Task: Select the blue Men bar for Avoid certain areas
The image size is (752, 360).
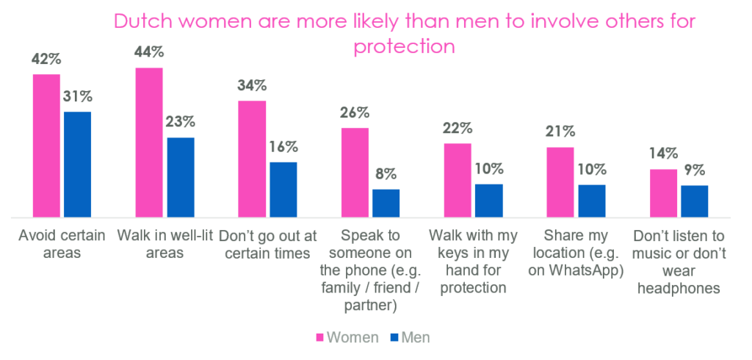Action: tap(77, 165)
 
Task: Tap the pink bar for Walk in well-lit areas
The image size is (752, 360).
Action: tap(149, 143)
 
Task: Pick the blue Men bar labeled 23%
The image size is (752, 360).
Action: tap(180, 177)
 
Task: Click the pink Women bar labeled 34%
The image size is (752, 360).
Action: tap(252, 159)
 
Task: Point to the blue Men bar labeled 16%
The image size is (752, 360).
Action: tap(283, 190)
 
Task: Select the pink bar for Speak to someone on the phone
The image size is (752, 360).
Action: tap(355, 173)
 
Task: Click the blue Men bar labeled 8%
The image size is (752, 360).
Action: tap(386, 203)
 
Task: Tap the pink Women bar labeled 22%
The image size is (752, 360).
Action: tap(458, 180)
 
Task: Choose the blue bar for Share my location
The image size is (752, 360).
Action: tap(591, 201)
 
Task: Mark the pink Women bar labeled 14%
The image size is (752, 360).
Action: tap(663, 193)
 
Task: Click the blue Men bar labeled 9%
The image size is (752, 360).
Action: tap(694, 201)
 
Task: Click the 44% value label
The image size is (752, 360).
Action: tap(149, 52)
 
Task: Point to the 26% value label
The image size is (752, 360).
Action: tap(354, 113)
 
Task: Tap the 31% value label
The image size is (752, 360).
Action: tap(77, 96)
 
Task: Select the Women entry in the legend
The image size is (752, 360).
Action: tap(347, 337)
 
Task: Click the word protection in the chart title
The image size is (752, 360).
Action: tap(405, 46)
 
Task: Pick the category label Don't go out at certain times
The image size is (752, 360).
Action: tap(268, 245)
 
